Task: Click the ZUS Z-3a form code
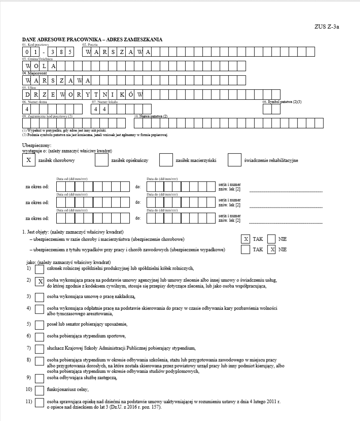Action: point(326,26)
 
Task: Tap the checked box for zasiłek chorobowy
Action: point(28,160)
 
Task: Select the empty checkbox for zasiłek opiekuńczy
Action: point(101,160)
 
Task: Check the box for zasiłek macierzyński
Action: point(166,160)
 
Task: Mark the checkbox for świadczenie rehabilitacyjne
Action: point(234,160)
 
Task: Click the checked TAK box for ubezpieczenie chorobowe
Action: point(246,239)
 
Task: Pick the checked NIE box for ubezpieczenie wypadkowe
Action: point(271,250)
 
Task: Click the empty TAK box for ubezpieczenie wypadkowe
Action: point(246,250)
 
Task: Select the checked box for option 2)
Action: point(39,282)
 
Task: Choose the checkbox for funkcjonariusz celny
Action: point(39,389)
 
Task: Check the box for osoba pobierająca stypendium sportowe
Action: point(39,337)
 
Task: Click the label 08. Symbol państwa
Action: point(281,102)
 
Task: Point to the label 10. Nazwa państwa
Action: point(151,117)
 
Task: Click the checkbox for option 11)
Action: point(39,403)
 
